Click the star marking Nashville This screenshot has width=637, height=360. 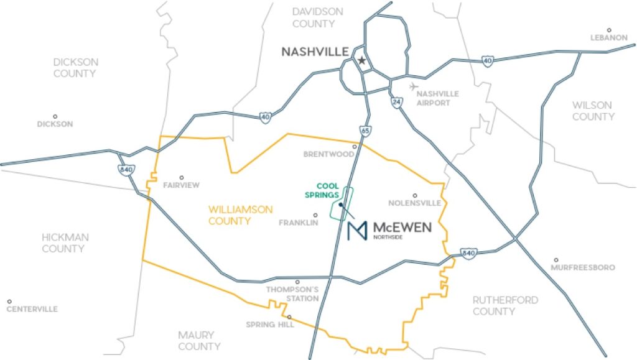coord(361,60)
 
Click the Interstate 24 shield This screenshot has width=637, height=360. coord(396,101)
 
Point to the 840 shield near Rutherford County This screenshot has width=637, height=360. coord(468,253)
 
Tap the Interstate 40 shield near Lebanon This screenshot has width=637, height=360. coord(486,61)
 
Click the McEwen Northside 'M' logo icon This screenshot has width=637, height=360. coord(357,231)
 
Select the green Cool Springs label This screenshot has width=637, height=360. coord(323,190)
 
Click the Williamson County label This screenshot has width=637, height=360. coord(240,215)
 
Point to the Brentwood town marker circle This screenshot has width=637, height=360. coord(355,147)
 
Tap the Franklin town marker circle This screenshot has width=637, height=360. coord(315,215)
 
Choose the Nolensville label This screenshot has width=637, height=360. coord(414,203)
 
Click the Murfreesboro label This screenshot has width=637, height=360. coord(583,267)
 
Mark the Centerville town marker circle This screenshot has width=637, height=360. coord(9,301)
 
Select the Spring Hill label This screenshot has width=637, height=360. coord(270,324)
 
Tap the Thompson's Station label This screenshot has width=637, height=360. coord(292,294)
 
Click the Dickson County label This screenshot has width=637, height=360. coord(75,68)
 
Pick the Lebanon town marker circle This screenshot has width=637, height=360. coord(609,30)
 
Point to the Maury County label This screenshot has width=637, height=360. coord(199,341)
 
